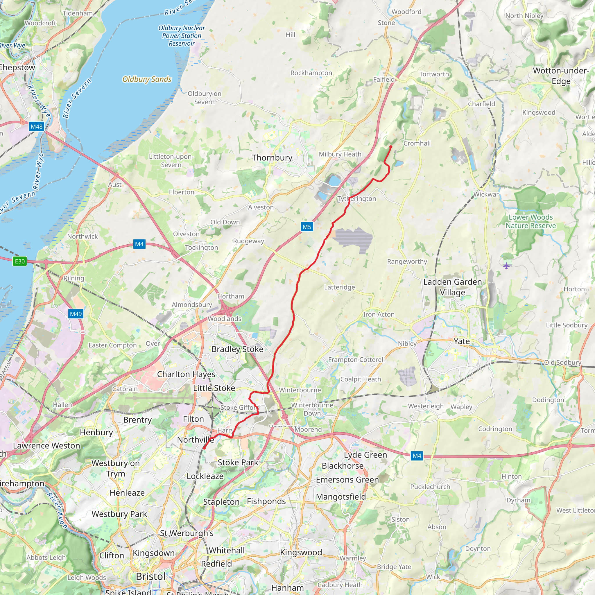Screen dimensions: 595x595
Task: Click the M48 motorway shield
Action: click(37, 127)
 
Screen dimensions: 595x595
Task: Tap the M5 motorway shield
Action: click(307, 227)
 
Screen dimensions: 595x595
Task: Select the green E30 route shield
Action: click(20, 261)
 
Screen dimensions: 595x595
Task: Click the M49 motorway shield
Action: click(76, 314)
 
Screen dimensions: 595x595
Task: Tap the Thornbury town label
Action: click(272, 158)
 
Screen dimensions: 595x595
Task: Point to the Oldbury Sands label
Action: click(147, 79)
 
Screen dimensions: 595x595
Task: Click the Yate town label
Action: click(461, 341)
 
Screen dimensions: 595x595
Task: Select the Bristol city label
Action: click(150, 576)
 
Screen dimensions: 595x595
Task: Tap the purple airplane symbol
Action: click(506, 266)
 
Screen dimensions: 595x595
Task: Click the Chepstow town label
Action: click(17, 67)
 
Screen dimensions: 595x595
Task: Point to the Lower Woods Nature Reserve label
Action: click(531, 221)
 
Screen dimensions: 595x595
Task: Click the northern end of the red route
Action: click(391, 147)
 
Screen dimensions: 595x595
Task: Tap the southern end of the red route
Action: click(204, 448)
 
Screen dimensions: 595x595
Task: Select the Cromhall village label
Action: click(417, 143)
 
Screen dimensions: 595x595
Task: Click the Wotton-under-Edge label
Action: click(561, 76)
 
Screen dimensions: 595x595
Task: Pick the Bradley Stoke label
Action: click(237, 349)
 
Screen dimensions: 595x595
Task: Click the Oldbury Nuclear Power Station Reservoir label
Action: click(182, 36)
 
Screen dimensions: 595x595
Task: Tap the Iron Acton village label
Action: click(379, 314)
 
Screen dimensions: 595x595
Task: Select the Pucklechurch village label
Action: click(430, 487)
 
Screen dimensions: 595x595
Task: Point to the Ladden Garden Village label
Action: click(452, 287)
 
